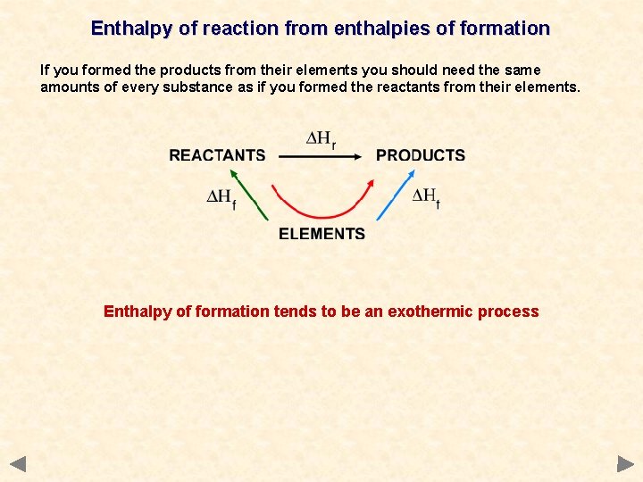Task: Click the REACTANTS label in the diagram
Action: coord(217,155)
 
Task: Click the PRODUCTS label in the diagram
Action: coord(421,155)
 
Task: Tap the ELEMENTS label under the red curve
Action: coord(321,234)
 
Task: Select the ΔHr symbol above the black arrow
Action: coord(321,139)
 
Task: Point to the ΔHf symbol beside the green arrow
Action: coord(221,197)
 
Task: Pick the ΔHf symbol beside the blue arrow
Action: coord(426,196)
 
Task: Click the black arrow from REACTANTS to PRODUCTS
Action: coord(320,156)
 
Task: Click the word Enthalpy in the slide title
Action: coord(132,29)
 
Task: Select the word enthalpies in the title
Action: coord(376,29)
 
